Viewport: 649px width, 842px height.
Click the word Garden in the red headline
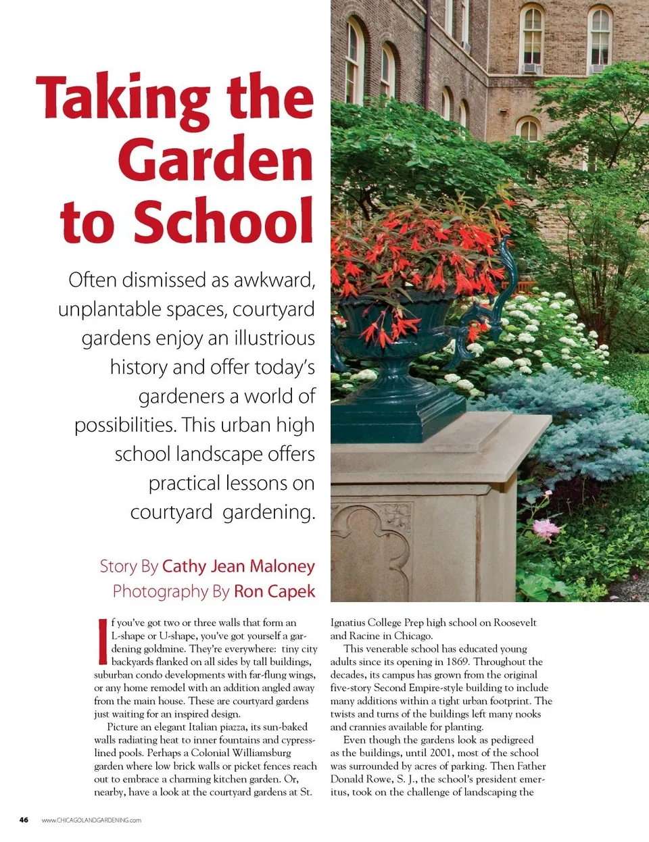[215, 160]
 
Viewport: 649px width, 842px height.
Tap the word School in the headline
[223, 221]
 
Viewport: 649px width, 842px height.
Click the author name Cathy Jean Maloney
[238, 566]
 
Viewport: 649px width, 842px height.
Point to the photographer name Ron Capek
[274, 591]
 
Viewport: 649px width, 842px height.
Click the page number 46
[24, 820]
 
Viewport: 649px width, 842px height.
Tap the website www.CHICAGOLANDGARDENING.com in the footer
[91, 820]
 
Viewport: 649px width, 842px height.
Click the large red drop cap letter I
[103, 641]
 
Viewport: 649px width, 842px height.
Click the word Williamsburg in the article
[262, 753]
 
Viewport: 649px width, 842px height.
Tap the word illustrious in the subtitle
[274, 338]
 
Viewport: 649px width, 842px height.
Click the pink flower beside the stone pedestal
[546, 528]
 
